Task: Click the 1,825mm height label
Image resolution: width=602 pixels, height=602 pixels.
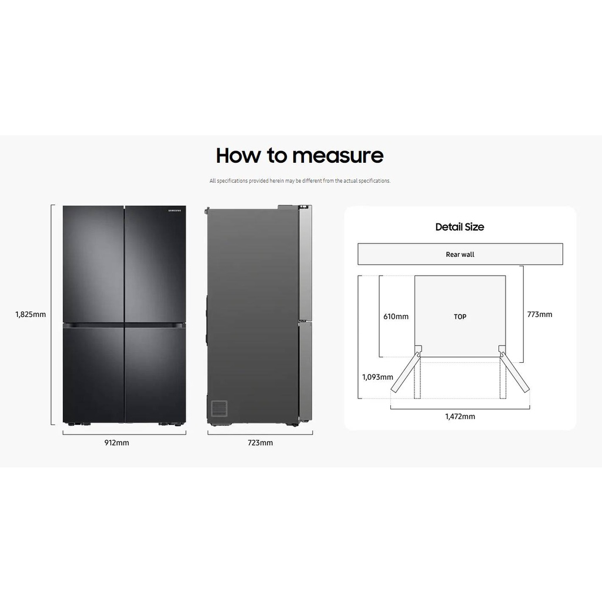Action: click(x=31, y=315)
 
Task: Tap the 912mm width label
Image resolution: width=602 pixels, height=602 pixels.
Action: click(x=117, y=443)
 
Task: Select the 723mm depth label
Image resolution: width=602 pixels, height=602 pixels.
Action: click(x=260, y=443)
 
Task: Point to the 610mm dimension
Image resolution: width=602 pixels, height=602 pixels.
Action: click(x=396, y=317)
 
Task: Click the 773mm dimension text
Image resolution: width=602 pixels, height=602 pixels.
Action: click(x=540, y=315)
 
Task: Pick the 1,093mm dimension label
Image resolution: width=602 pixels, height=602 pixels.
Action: click(x=378, y=377)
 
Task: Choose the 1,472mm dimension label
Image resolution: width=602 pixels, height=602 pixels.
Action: click(x=460, y=417)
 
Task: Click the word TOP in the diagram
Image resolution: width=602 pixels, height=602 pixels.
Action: click(x=460, y=317)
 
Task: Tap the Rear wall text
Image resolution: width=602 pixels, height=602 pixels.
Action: click(x=460, y=255)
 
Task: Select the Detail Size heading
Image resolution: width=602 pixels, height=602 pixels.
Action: click(x=460, y=227)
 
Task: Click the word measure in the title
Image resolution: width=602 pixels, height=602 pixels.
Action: click(x=338, y=156)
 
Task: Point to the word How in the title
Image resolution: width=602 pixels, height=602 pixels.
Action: click(x=239, y=155)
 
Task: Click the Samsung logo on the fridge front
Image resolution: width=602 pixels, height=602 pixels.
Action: click(x=175, y=210)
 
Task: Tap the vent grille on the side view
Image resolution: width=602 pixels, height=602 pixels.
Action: click(x=219, y=408)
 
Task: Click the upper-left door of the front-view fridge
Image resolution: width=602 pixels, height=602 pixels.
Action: click(x=93, y=264)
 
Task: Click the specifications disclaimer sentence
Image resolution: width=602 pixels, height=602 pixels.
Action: click(x=300, y=181)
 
